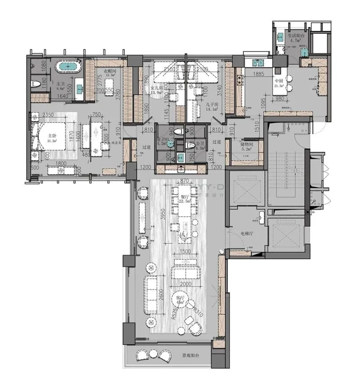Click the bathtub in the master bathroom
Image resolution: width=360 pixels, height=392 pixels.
[x=68, y=68]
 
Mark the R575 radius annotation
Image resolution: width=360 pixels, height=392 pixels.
[x=175, y=312]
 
